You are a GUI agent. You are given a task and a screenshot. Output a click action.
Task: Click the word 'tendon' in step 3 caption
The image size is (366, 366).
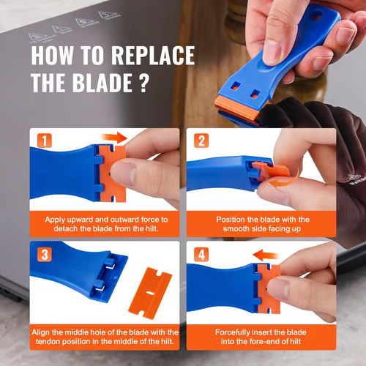(x=45, y=341)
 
